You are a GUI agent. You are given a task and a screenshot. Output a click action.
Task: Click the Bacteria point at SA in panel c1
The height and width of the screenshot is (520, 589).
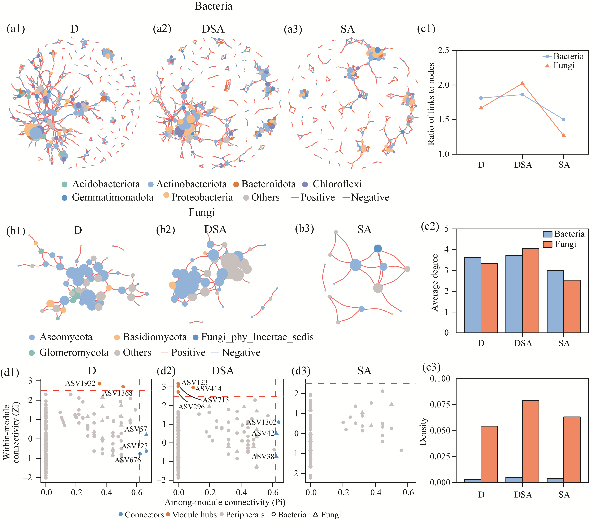pos(564,119)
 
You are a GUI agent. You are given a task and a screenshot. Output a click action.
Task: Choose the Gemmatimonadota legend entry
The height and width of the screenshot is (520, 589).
pos(112,197)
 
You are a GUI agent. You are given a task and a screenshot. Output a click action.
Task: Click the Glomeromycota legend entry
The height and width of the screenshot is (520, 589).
pos(74,353)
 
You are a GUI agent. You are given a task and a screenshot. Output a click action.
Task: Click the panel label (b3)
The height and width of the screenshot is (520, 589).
pos(304,229)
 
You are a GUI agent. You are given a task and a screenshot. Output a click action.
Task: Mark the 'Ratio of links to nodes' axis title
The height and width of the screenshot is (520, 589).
pos(431,104)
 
